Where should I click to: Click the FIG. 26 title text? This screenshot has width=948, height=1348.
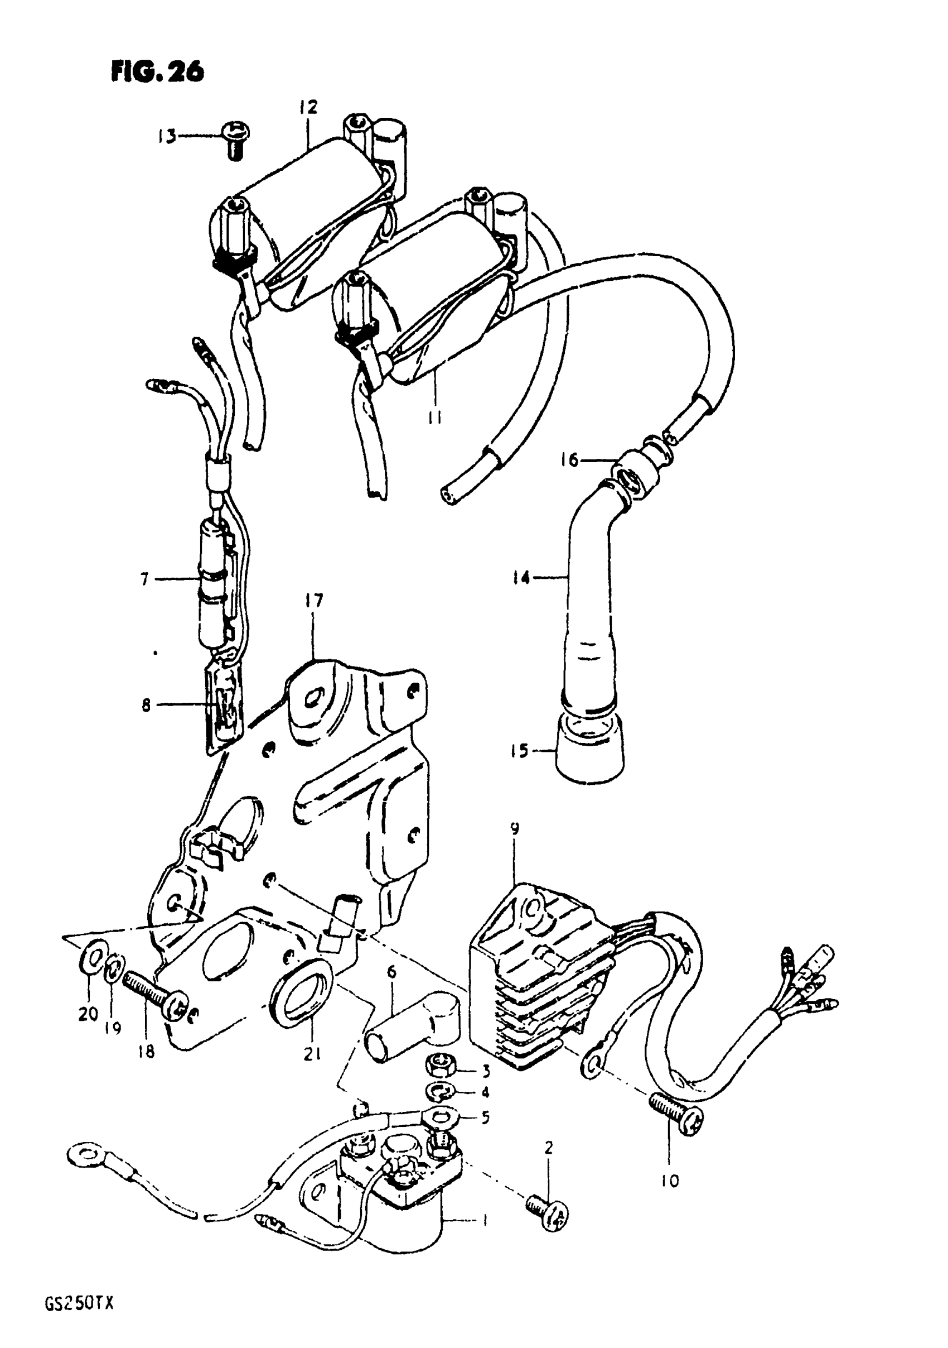pyautogui.click(x=157, y=72)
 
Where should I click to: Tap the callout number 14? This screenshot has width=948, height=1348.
pyautogui.click(x=520, y=578)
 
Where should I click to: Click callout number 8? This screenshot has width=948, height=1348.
pyautogui.click(x=146, y=704)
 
